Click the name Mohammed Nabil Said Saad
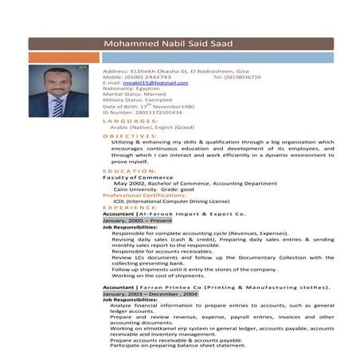coord(169,43)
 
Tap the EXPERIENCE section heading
coord(131,207)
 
